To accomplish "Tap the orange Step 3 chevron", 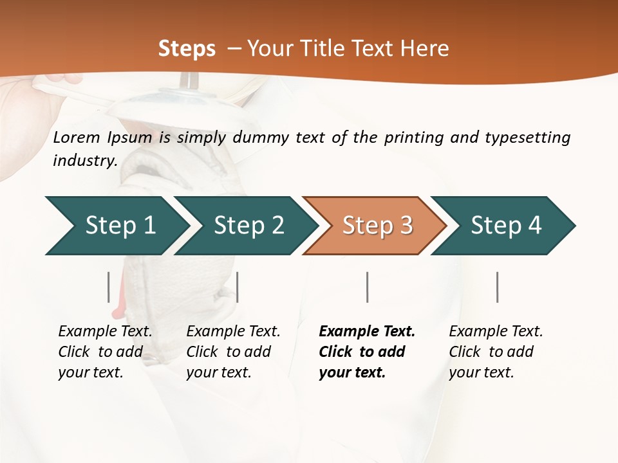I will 377,226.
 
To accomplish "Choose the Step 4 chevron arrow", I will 506,226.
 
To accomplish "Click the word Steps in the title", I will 187,49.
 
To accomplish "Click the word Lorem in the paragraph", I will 77,137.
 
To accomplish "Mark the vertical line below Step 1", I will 109,287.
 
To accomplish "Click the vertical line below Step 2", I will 238,287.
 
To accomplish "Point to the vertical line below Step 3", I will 368,287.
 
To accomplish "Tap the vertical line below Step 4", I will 498,287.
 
